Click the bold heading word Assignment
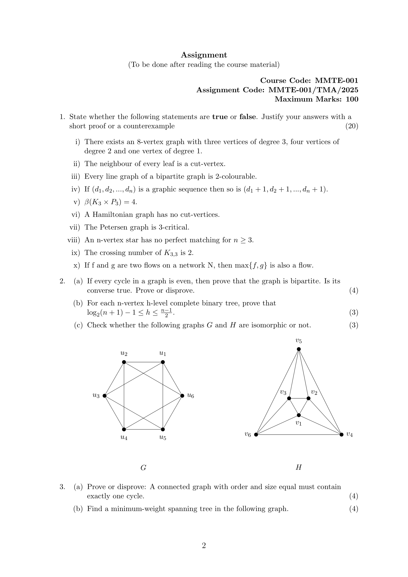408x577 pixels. coord(204,55)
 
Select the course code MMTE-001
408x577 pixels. coord(336,80)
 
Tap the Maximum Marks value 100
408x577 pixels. coord(352,99)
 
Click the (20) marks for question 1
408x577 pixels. coord(352,126)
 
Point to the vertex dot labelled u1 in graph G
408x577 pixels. coord(163,362)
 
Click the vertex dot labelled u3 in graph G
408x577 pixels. coord(105,396)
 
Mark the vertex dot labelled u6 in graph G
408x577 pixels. coord(182,396)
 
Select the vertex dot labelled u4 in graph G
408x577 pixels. coord(124,429)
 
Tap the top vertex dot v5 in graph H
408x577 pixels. coord(299,349)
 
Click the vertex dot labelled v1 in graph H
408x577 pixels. coord(299,415)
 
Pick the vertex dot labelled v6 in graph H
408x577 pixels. coord(256,435)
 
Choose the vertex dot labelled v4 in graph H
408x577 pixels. coord(341,435)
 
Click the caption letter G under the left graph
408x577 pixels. coord(143,468)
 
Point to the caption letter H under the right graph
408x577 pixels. coord(298,467)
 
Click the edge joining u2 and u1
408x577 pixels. coord(143,362)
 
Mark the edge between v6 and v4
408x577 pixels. coord(299,435)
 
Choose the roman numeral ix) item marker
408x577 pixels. coord(75,253)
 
